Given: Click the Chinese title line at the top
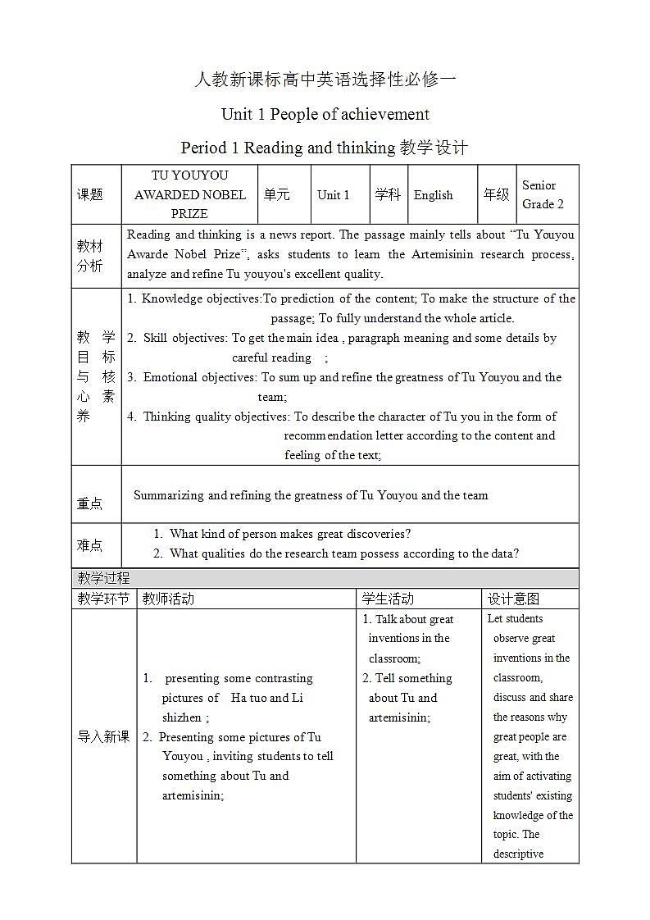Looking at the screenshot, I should (x=325, y=80).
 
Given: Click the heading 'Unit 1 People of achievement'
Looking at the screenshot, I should (x=325, y=114).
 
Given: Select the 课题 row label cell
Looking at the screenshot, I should (x=90, y=195).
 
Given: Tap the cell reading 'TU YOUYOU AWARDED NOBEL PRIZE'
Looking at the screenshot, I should (x=190, y=194).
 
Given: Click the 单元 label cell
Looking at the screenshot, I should (x=276, y=195).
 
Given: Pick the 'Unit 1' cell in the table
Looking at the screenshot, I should (x=334, y=195).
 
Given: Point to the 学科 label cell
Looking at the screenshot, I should (x=388, y=195).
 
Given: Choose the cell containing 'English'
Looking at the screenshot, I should (x=434, y=195).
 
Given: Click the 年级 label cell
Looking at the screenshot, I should (x=496, y=195).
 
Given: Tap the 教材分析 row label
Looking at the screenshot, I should (x=90, y=256).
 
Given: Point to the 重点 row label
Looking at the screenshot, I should (x=90, y=503).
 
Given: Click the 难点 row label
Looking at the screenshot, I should (x=90, y=545).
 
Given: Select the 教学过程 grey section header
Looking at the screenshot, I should (x=103, y=578).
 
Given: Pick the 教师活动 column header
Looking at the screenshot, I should (x=168, y=599).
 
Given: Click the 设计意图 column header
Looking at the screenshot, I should (x=513, y=599).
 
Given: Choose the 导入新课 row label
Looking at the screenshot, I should (x=103, y=736).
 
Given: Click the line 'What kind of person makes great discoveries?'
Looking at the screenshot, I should (x=290, y=534).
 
